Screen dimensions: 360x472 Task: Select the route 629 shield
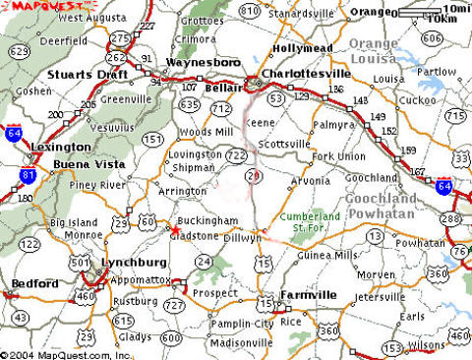[18, 51]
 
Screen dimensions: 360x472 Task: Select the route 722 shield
[237, 154]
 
